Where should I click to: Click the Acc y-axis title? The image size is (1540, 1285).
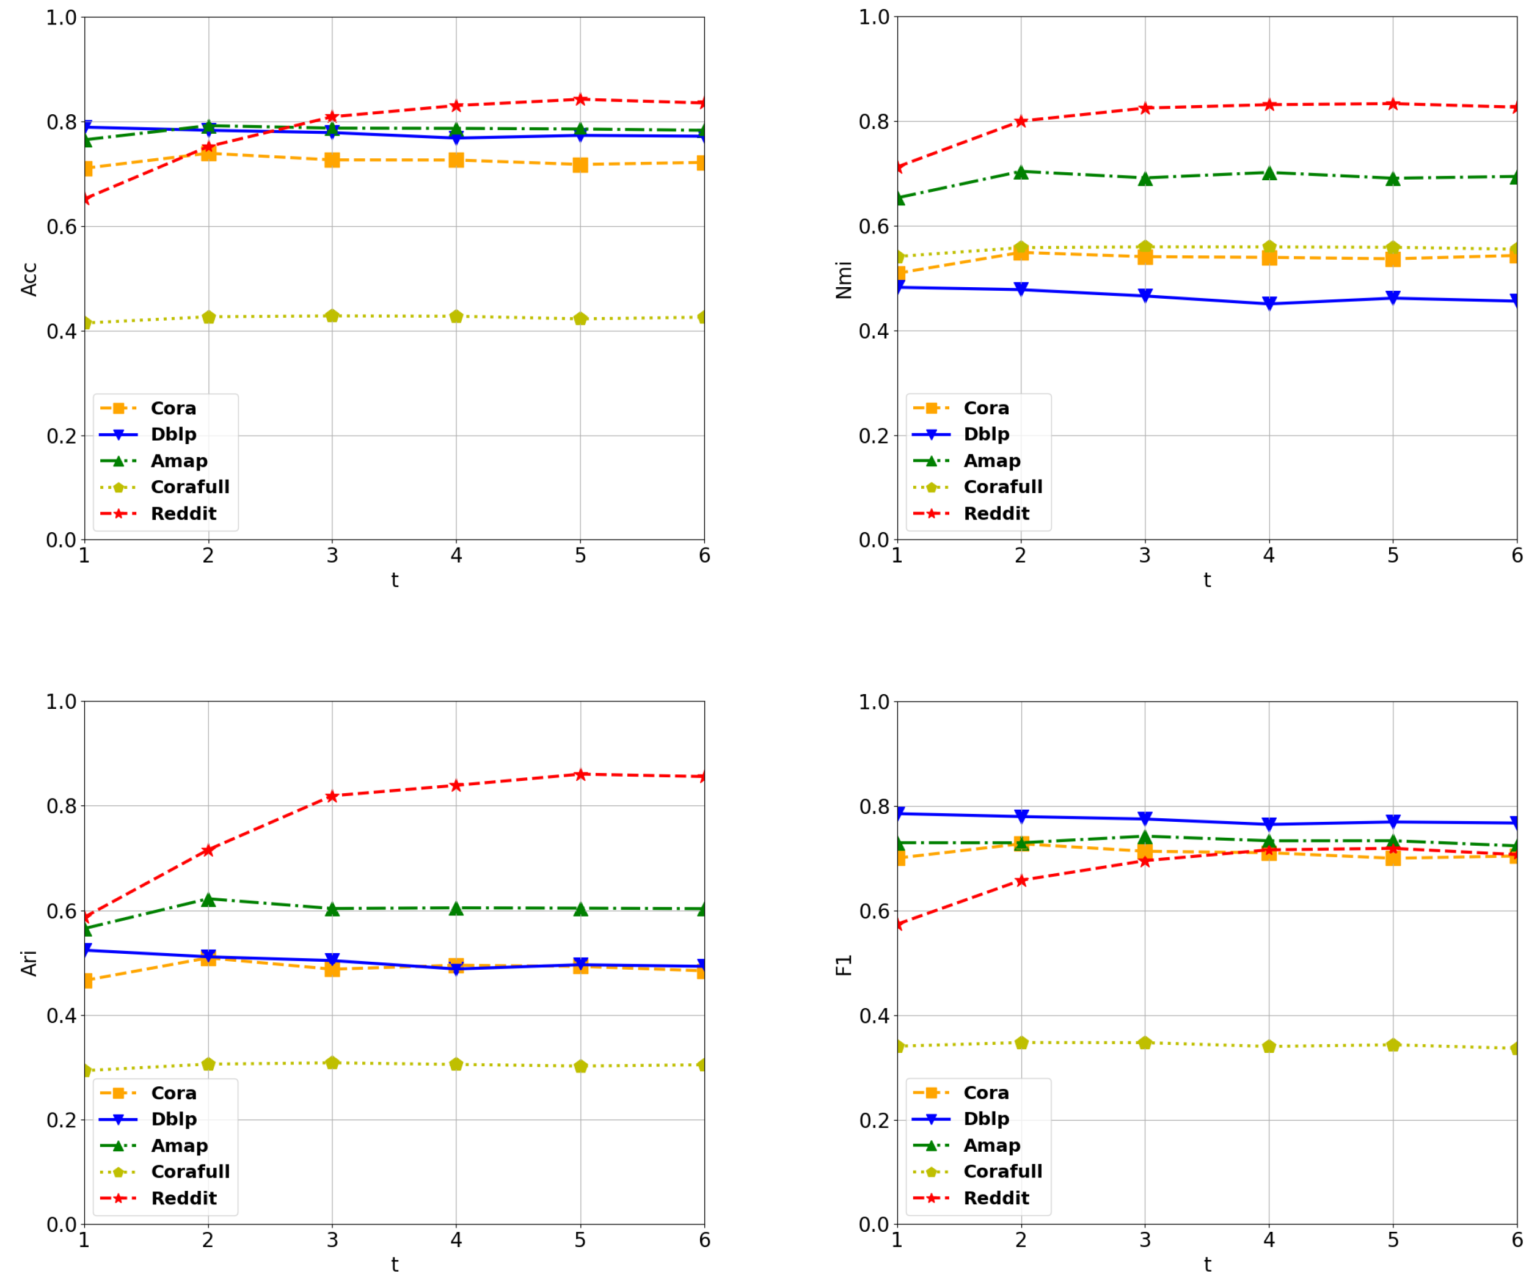tap(29, 279)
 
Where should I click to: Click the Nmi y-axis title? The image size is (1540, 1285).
tap(844, 279)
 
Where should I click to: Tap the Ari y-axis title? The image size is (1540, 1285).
tap(29, 963)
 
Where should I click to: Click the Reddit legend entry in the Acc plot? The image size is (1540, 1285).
tap(183, 513)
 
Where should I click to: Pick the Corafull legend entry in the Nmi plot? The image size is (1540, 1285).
tap(1002, 487)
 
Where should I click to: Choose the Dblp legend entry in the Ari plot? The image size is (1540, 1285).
tap(174, 1119)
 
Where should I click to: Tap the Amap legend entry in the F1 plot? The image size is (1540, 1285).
tap(991, 1145)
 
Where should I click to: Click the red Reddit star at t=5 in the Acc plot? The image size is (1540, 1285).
tap(580, 99)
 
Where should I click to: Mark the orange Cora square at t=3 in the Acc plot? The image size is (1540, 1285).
tap(332, 160)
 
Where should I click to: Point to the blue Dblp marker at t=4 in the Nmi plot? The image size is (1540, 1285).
tap(1269, 303)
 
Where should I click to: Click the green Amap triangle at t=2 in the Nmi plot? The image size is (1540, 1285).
tap(1021, 172)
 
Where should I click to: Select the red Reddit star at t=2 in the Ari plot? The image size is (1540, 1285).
tap(208, 850)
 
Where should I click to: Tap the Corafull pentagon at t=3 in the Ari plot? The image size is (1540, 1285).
tap(332, 1063)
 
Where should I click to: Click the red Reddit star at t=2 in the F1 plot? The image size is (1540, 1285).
tap(1021, 880)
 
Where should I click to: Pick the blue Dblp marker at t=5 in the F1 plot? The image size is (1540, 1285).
tap(1393, 821)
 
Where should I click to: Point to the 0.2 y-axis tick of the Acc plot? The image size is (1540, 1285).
tap(62, 436)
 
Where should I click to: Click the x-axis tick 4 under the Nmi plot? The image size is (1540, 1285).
tap(1269, 556)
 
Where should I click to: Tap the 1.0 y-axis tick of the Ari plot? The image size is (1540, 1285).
tap(62, 702)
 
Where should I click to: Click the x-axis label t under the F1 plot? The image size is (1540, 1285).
tap(1207, 1264)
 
